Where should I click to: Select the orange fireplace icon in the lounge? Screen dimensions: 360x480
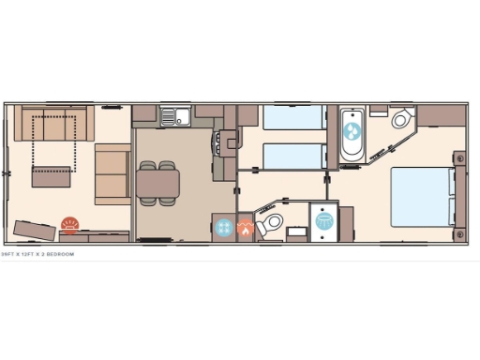pos(70,223)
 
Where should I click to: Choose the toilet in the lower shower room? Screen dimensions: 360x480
pos(273,222)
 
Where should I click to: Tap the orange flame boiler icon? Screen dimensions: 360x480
pos(246,227)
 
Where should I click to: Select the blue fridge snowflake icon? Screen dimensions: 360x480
pos(225,226)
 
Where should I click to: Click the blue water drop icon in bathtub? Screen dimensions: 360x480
pos(353,132)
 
